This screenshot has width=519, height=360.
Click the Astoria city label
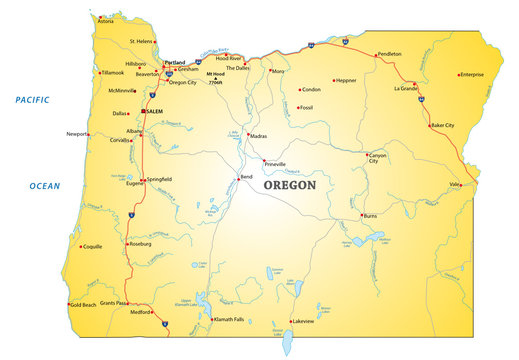pos(105,19)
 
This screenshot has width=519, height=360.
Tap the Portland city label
pos(175,62)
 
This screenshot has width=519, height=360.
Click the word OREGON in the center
pos(289,185)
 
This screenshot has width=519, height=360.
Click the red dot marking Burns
pos(361,214)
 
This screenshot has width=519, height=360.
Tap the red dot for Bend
pos(237,178)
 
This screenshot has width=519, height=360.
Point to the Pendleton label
pos(391,54)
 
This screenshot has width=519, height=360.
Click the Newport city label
pos(77,133)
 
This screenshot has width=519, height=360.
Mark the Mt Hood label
pos(215,75)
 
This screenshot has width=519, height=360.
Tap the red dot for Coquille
pos(79,246)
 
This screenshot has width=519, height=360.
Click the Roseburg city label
pos(141,243)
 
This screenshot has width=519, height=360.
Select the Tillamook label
pos(112,72)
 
